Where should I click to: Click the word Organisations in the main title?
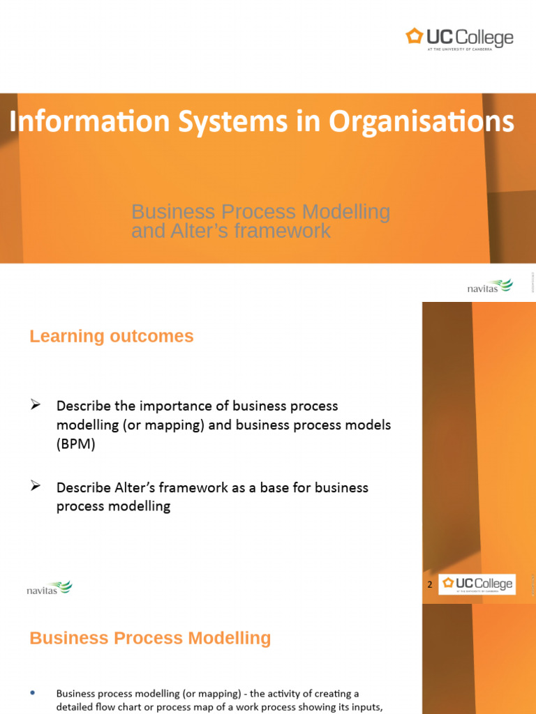[422, 122]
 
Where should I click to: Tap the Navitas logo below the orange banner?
[489, 286]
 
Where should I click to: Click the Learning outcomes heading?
[112, 337]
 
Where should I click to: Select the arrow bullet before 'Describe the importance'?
[37, 404]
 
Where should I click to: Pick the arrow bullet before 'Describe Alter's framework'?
[37, 486]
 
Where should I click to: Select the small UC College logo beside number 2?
[477, 584]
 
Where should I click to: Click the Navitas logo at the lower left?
[49, 588]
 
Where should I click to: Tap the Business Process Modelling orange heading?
[150, 638]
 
